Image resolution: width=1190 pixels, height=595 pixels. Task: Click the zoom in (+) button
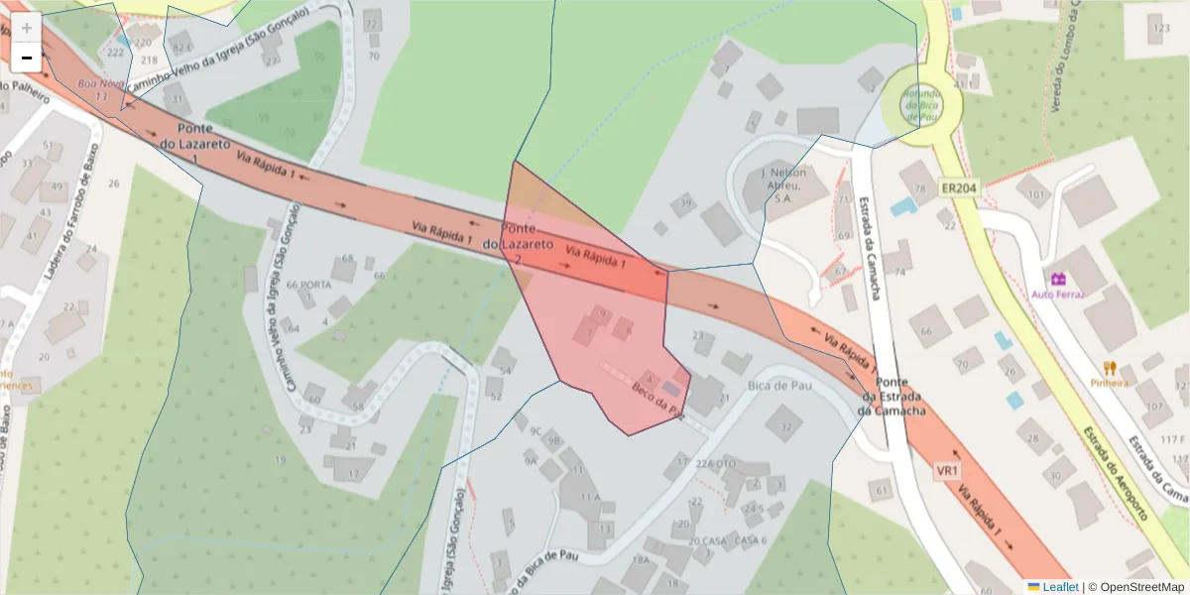[26, 27]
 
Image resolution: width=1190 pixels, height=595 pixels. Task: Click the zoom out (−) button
[26, 58]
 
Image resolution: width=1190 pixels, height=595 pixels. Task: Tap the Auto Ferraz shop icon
[1057, 279]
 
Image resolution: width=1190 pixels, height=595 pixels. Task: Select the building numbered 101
[1038, 194]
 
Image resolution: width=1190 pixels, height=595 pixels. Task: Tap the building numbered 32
[785, 427]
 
